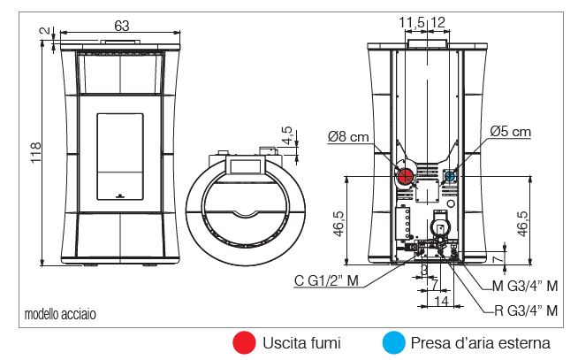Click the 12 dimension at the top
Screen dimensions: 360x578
(x=437, y=20)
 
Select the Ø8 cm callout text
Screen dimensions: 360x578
(x=347, y=136)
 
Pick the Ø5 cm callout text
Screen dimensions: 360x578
(x=511, y=132)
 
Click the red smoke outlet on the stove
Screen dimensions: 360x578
(x=404, y=175)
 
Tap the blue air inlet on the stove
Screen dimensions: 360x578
(x=449, y=176)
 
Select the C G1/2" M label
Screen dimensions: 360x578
(x=326, y=281)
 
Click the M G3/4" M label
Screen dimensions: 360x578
(x=525, y=286)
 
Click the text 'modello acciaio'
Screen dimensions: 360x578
(x=60, y=314)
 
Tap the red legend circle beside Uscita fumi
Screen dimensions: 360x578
(x=243, y=342)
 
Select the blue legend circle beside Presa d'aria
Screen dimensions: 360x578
(x=394, y=342)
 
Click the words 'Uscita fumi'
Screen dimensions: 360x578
(x=301, y=342)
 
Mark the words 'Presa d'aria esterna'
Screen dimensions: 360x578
(x=480, y=342)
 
